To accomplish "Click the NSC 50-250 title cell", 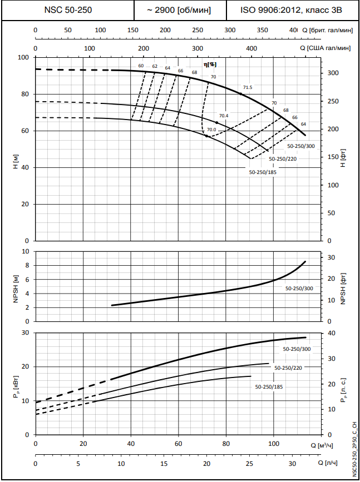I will tap(68, 10).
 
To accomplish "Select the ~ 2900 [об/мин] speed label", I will tap(180, 10).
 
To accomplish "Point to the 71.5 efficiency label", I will tap(248, 87).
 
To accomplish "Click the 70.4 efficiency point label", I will tap(224, 116).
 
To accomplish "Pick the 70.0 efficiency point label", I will tap(211, 130).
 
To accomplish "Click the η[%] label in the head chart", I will tap(210, 65).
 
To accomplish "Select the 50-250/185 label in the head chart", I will tap(263, 172).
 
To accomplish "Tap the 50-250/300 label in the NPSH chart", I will tap(299, 289).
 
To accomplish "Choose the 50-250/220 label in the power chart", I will tap(288, 367).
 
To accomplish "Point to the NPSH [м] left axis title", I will tap(16, 286).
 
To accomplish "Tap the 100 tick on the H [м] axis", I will tap(23, 57).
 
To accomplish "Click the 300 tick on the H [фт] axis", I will tap(332, 73).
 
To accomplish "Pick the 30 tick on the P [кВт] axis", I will tap(24, 332).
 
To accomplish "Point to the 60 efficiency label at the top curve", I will tap(141, 66).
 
